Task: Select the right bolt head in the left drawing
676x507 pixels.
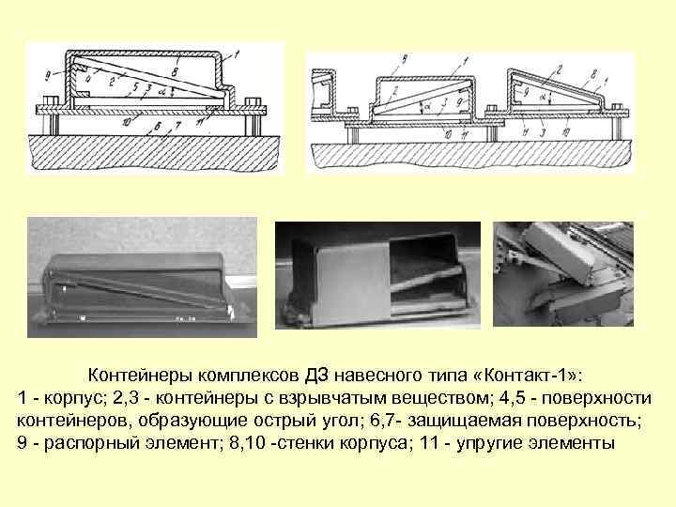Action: click(x=250, y=100)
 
